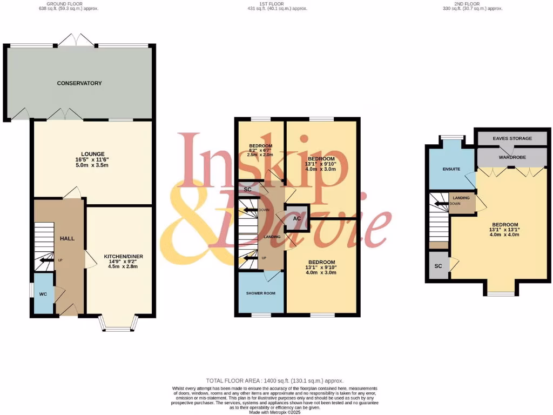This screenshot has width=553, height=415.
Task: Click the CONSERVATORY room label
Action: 79,83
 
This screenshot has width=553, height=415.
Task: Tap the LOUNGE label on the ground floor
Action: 93,154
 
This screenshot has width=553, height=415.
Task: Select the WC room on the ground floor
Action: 43,294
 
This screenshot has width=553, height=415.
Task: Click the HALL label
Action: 67,238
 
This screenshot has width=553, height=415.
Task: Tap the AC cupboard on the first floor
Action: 296,218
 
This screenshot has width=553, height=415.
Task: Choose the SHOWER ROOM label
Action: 261,293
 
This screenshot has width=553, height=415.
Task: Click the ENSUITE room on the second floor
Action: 451,169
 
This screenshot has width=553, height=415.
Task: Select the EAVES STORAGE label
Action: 512,138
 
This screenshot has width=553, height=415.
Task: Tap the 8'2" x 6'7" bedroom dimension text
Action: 261,151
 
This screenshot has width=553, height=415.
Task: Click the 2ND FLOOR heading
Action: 472,3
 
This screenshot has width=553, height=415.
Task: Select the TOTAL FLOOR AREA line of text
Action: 275,381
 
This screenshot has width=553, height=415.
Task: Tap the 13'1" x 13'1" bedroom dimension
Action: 505,230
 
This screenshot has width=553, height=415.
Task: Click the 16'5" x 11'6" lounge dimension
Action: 93,160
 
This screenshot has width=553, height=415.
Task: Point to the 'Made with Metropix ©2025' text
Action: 275,412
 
